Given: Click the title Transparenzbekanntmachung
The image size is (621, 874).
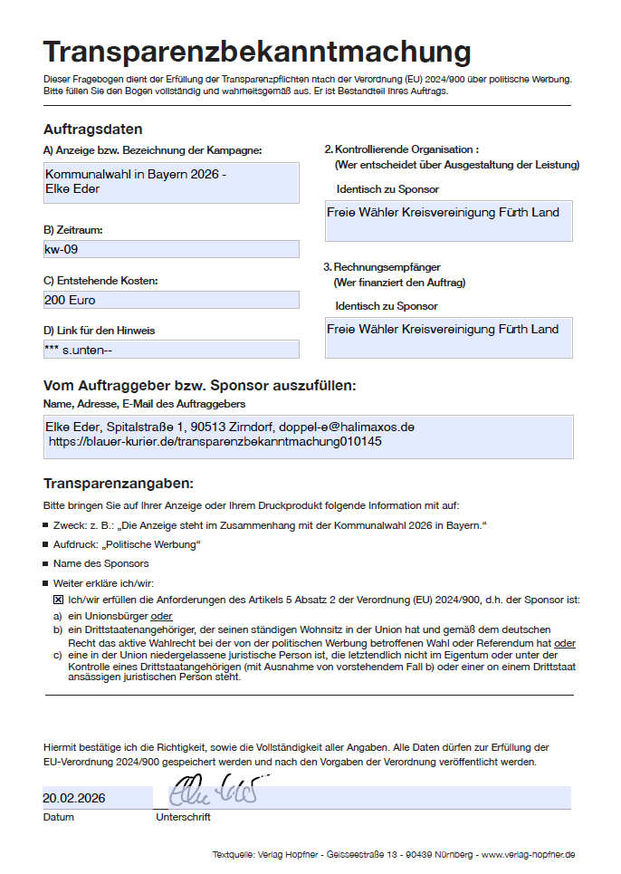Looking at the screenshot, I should click(257, 53).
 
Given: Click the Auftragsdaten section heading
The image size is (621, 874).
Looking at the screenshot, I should click(92, 130).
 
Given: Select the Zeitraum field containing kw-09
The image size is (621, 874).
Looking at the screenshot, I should click(171, 248).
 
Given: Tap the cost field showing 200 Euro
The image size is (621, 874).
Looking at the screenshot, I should click(171, 299).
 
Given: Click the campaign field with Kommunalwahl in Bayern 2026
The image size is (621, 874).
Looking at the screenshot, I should click(171, 182).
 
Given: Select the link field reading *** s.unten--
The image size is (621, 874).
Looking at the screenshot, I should click(171, 349).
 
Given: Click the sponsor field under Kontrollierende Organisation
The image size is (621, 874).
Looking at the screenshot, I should click(448, 220).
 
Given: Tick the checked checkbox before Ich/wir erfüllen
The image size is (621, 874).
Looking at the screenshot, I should click(58, 600).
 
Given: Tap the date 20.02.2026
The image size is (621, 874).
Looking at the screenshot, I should click(74, 798).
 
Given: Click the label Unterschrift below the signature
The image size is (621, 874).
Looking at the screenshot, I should click(183, 817).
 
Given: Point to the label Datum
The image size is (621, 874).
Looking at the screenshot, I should click(58, 817).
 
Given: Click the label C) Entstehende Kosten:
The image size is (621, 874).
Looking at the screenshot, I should click(100, 281).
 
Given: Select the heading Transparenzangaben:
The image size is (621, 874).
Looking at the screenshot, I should click(119, 484).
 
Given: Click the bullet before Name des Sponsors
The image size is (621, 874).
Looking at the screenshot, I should click(46, 563).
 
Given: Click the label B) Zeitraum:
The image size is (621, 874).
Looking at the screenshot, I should click(73, 229).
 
